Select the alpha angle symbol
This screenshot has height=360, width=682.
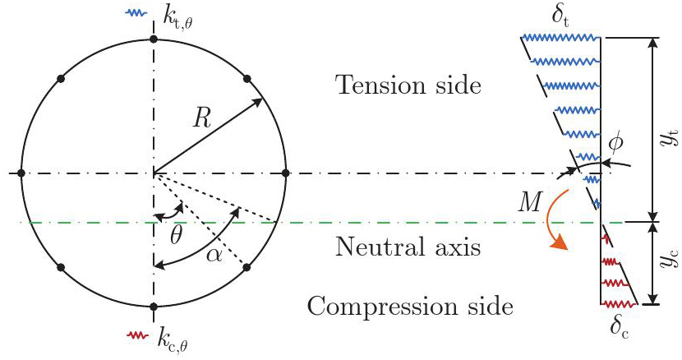[214, 256]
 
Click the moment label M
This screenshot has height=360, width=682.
[530, 201]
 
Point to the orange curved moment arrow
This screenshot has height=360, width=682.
[550, 222]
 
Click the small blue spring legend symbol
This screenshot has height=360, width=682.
[136, 13]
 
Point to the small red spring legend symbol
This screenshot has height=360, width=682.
[136, 335]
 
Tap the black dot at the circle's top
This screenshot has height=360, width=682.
[153, 39]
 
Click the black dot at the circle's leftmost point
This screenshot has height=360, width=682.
[21, 173]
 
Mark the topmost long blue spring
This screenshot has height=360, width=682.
[561, 38]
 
